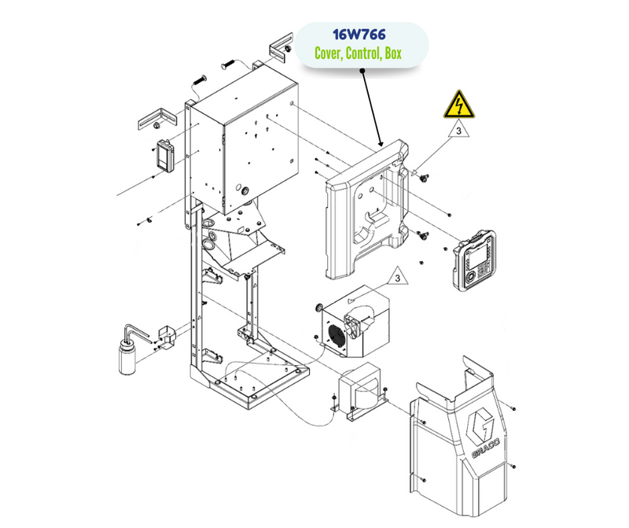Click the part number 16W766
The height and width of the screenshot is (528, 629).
point(363,35)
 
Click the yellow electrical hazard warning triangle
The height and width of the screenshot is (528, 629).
point(455,105)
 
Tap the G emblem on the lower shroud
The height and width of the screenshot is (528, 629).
point(482,425)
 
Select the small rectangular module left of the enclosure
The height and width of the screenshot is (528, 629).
point(164,156)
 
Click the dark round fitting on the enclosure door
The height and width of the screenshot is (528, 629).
point(244,190)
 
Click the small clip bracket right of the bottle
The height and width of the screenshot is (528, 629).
point(167,336)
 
